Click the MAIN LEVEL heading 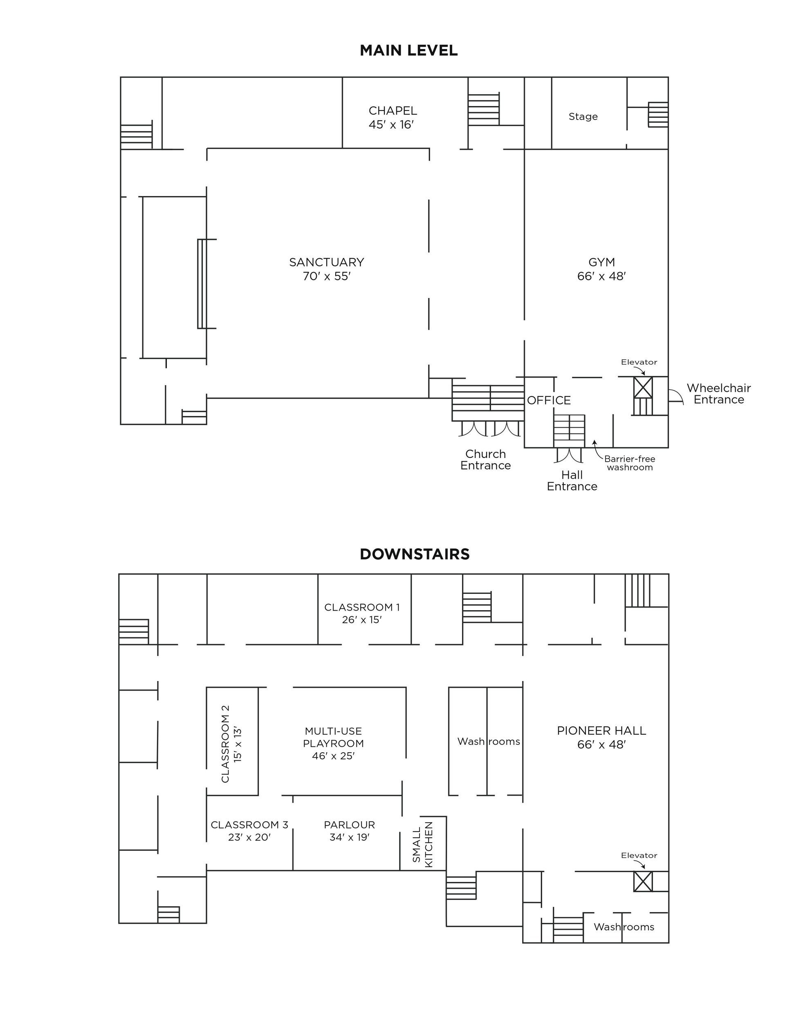point(408,50)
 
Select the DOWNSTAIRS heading point(415,554)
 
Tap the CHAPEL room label point(393,111)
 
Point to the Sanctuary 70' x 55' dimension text point(327,276)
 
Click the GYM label point(602,262)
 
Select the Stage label point(583,116)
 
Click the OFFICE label point(549,400)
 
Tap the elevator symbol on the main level point(643,388)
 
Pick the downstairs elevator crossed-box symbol point(643,881)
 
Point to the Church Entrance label point(485,460)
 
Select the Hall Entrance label point(572,480)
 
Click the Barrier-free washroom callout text point(630,463)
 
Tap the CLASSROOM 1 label point(362,607)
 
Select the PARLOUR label point(350,825)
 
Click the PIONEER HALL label point(601,731)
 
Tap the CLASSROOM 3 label point(249,825)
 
